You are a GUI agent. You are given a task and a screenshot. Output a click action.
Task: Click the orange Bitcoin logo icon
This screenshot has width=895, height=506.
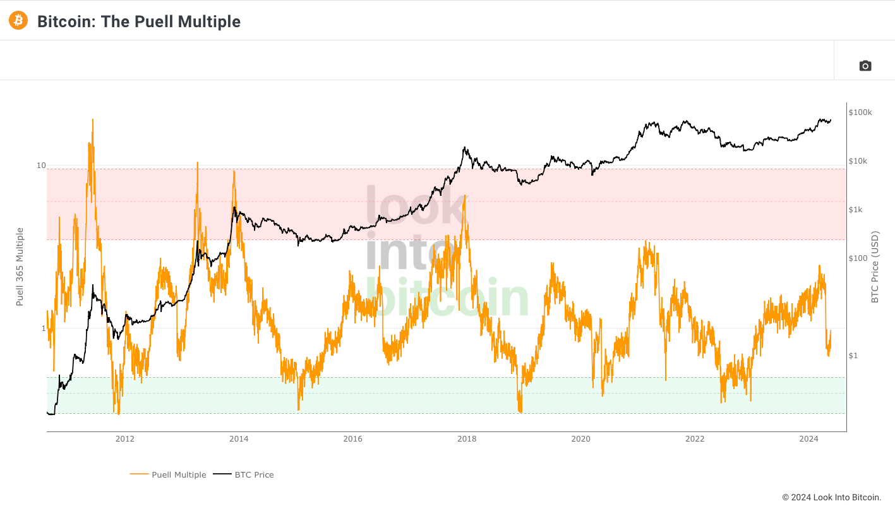click(x=18, y=20)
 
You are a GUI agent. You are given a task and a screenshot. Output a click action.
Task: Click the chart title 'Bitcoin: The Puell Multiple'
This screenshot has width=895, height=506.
click(x=139, y=21)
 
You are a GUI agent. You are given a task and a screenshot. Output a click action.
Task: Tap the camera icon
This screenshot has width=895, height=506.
click(x=865, y=66)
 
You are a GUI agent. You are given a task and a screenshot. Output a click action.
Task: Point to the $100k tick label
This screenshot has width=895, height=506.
click(x=860, y=112)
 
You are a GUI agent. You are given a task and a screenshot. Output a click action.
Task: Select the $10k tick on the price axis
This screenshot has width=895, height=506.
click(x=858, y=161)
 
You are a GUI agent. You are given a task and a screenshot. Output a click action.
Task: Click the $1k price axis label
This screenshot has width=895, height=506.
click(x=856, y=210)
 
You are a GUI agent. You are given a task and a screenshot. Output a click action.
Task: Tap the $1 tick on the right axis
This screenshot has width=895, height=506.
click(x=853, y=356)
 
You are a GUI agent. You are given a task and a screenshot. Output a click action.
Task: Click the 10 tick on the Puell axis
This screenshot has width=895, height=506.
click(x=41, y=166)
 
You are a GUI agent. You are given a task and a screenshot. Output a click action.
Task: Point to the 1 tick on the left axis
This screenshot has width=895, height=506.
click(x=44, y=328)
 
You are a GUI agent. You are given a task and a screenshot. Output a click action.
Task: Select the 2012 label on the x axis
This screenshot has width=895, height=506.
click(x=124, y=439)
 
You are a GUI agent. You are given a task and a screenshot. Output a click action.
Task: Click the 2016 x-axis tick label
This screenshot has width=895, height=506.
click(x=352, y=439)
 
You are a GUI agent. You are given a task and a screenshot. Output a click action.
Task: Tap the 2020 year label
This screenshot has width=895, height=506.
click(x=580, y=439)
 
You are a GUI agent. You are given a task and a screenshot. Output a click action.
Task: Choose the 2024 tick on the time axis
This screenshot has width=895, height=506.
click(x=808, y=439)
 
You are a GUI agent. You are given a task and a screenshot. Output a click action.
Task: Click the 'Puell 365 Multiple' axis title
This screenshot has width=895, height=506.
click(x=20, y=267)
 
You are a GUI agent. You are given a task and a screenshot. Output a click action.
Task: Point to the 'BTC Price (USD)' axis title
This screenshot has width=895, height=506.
click(x=875, y=267)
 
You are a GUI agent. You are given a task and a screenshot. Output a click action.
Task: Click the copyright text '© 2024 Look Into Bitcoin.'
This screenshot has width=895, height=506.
click(x=831, y=497)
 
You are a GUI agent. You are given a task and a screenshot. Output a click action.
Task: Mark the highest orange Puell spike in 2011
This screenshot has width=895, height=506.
click(x=93, y=119)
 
